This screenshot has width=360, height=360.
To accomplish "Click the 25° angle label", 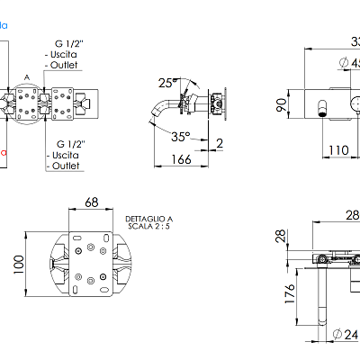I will (x=166, y=83).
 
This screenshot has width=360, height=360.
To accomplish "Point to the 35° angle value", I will (x=182, y=138).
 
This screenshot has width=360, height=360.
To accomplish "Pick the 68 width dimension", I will (x=91, y=202).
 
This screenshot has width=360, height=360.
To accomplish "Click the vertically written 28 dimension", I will (x=280, y=236).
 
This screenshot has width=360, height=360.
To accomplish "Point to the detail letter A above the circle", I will (x=27, y=77).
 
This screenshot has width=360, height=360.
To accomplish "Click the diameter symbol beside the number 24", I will (x=336, y=334).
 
